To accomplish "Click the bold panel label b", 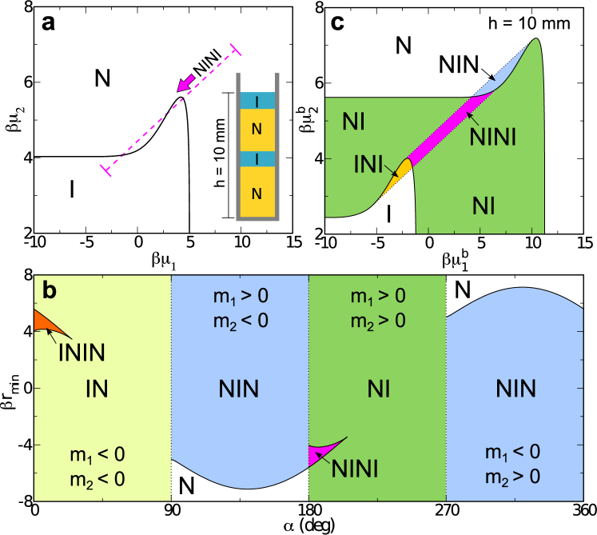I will (x=50, y=291).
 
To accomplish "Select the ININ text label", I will (x=82, y=352).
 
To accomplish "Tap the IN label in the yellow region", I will (x=97, y=389).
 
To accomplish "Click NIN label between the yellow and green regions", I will (x=239, y=389).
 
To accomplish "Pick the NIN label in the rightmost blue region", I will (x=515, y=389).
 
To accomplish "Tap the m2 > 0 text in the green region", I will (x=377, y=320).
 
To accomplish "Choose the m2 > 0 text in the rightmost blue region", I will (x=512, y=476).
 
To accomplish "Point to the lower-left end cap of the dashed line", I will (x=105, y=169).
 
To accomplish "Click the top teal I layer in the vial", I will (x=257, y=101).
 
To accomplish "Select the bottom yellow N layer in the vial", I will (x=257, y=192).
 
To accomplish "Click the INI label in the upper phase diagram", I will (x=369, y=165).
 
